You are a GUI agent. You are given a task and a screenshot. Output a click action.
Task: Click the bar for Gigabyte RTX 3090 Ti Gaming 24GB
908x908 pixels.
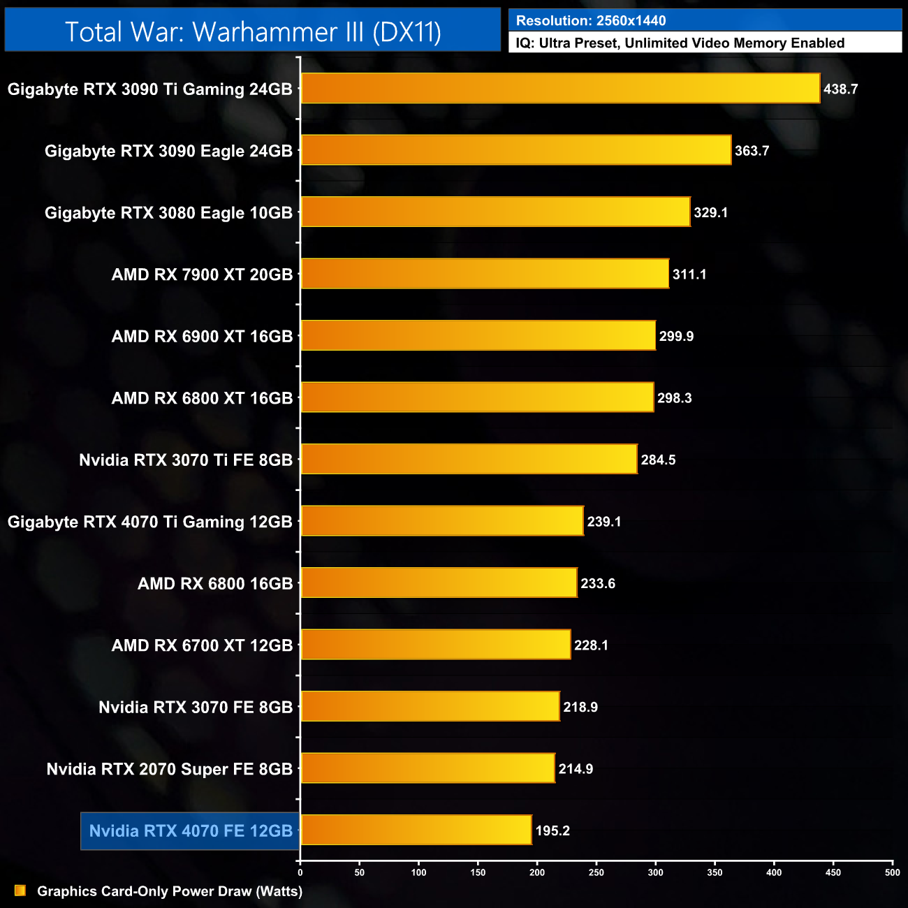pos(560,89)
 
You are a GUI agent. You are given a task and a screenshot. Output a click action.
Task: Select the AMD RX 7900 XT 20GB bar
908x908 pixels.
pos(485,274)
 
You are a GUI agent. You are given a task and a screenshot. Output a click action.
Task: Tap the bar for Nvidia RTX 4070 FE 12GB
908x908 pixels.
pos(416,830)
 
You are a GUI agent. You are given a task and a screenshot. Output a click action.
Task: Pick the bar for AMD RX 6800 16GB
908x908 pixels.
pos(439,583)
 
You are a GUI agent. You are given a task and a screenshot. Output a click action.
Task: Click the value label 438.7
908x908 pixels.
pos(840,89)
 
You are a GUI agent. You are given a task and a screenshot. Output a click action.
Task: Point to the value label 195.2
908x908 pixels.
pos(552,830)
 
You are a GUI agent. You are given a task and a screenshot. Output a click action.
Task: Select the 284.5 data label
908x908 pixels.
pos(658,460)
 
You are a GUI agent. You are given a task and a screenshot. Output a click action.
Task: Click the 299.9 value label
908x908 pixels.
pos(676,336)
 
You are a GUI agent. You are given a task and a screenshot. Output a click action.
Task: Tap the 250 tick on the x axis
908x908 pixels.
pos(596,872)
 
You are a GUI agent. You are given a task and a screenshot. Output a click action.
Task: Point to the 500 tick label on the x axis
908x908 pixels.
pos(892,872)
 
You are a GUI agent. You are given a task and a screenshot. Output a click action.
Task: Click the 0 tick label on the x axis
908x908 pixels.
pos(300,872)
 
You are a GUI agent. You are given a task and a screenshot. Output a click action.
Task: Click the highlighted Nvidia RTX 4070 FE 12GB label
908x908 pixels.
pos(191,830)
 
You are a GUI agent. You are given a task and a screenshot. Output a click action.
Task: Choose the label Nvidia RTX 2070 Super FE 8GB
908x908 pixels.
pos(170,769)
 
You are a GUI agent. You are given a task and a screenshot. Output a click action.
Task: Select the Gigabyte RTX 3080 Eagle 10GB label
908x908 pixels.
pos(168,213)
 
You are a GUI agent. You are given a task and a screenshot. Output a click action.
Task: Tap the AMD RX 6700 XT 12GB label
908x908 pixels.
pos(202,645)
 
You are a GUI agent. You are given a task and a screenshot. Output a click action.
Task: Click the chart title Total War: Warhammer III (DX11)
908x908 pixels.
pos(253,31)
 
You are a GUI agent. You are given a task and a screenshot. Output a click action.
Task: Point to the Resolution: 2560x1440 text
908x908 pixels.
pos(591,21)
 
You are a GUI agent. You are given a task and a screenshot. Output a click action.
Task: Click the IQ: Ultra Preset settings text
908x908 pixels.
pos(680,43)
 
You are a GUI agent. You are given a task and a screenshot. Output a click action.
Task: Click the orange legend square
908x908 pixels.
pos(20,891)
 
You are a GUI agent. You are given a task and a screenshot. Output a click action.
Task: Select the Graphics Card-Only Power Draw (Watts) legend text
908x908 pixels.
pos(170,891)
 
